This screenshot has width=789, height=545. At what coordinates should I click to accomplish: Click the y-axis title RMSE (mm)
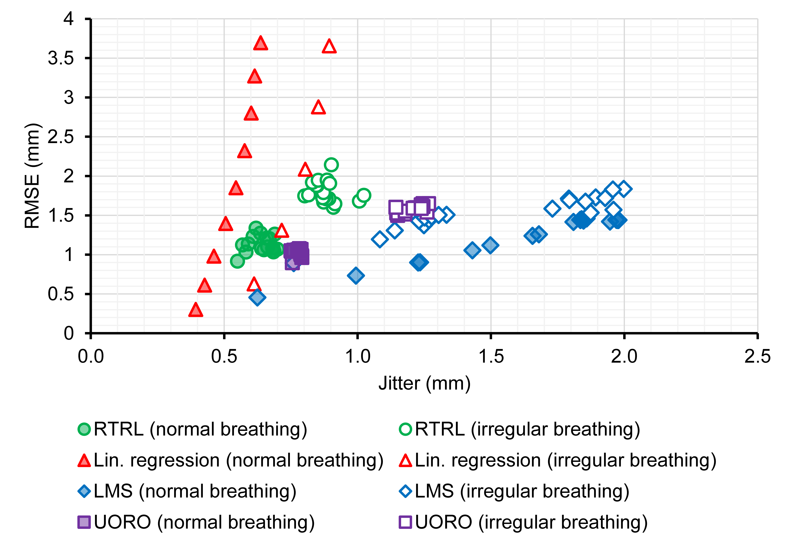(x=32, y=176)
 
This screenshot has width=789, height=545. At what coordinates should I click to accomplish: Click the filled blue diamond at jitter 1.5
(x=490, y=245)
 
